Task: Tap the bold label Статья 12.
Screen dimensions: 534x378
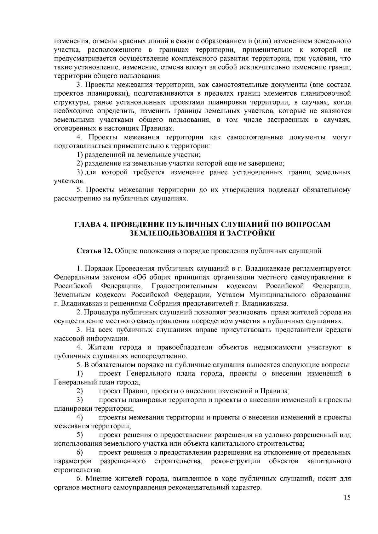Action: [95, 251]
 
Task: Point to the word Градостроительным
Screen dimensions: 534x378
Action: [185, 286]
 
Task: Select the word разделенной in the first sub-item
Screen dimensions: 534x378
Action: [104, 155]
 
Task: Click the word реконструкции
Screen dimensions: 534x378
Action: [236, 461]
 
